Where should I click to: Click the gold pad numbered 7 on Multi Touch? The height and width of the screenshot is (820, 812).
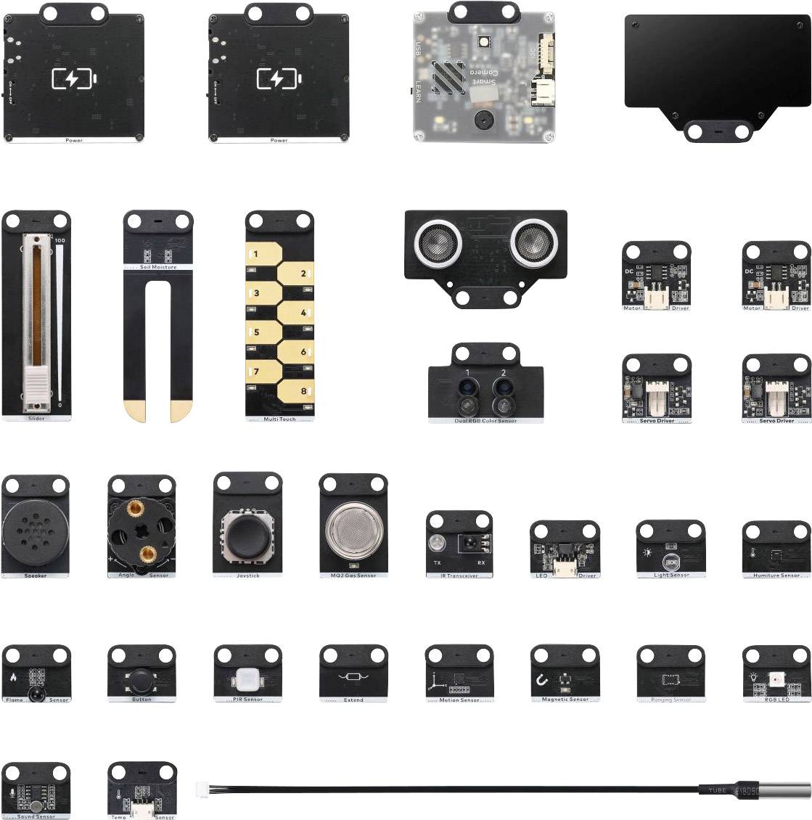click(x=262, y=372)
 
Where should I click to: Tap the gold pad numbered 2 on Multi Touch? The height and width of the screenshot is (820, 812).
click(x=297, y=274)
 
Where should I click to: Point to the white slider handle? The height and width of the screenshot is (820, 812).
click(x=36, y=384)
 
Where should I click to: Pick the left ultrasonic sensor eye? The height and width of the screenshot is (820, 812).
click(x=433, y=242)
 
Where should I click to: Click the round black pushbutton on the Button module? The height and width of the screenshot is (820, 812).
click(x=141, y=681)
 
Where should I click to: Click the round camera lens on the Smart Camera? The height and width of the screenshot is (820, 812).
click(x=480, y=118)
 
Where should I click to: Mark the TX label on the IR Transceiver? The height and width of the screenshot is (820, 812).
click(x=437, y=562)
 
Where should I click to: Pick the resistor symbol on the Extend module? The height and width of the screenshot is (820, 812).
click(x=353, y=678)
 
